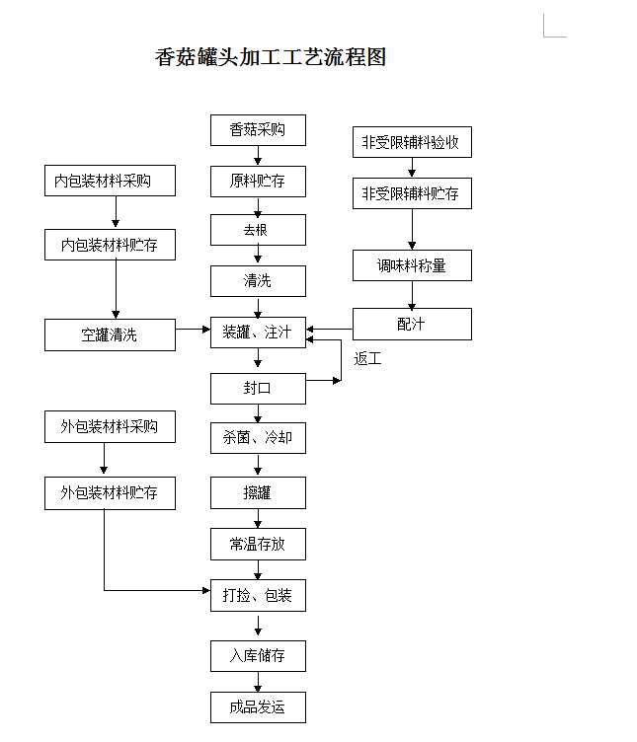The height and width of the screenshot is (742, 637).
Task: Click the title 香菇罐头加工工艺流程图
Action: point(270,57)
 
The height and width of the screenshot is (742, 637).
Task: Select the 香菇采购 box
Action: point(258,130)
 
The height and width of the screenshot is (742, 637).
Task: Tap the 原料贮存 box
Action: point(258,182)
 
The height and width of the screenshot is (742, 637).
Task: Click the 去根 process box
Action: point(258,230)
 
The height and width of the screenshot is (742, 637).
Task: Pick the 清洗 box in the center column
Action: point(258,281)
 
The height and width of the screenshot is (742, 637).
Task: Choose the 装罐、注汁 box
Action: point(258,333)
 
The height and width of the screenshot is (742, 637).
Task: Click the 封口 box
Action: point(258,388)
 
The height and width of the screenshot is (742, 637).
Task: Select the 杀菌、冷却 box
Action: point(258,437)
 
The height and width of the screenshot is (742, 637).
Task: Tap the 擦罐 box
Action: point(258,492)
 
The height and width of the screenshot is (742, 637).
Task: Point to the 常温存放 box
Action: point(258,544)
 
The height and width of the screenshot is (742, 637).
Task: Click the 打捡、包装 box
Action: point(258,595)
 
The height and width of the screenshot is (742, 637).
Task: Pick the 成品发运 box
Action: point(258,707)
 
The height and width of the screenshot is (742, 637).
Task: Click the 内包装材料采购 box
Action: point(110,182)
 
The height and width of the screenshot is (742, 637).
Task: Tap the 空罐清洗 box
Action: point(110,334)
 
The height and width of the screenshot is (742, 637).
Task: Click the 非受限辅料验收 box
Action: point(412,142)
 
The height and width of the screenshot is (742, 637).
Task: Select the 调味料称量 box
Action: point(412,265)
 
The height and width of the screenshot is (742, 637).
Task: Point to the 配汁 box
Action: point(412,324)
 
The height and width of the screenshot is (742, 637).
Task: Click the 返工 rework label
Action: point(367,359)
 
